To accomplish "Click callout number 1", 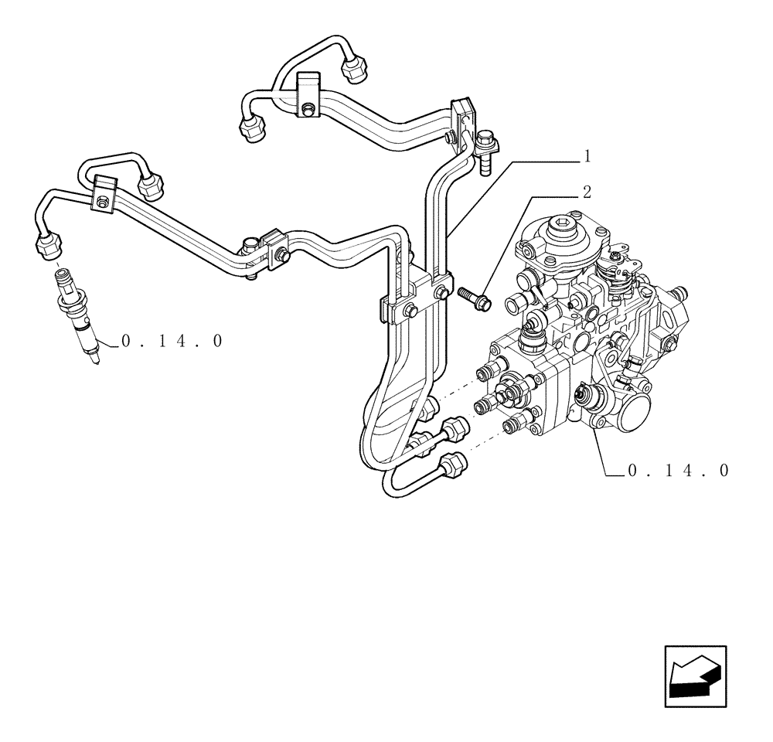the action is click(x=587, y=156).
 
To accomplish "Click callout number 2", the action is click(x=587, y=192).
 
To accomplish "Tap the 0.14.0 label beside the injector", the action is click(x=172, y=341).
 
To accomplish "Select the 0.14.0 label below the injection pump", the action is click(x=679, y=471).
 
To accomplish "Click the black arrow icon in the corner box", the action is click(x=695, y=676).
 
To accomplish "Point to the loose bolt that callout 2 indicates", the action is click(x=474, y=299).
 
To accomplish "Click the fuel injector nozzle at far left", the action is click(x=78, y=315).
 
